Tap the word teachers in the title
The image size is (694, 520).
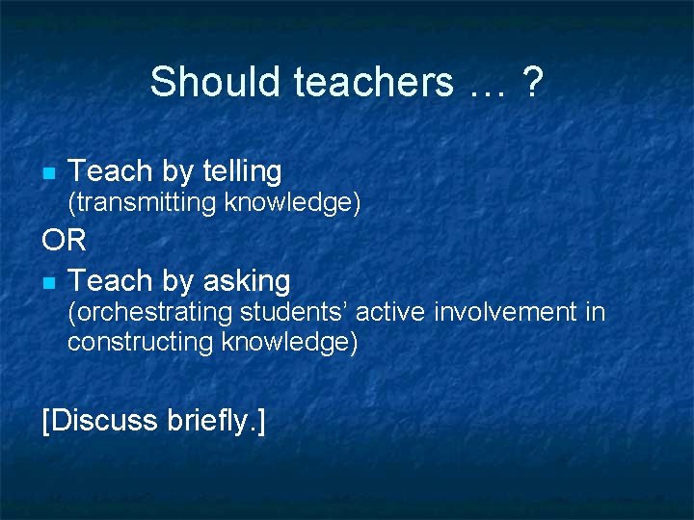pos(373,82)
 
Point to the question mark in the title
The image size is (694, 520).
pos(531,82)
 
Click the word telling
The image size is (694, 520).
pos(242,171)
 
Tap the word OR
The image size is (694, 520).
pos(65,240)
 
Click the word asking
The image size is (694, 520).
pos(247,281)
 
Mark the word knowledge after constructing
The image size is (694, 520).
pos(289,342)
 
